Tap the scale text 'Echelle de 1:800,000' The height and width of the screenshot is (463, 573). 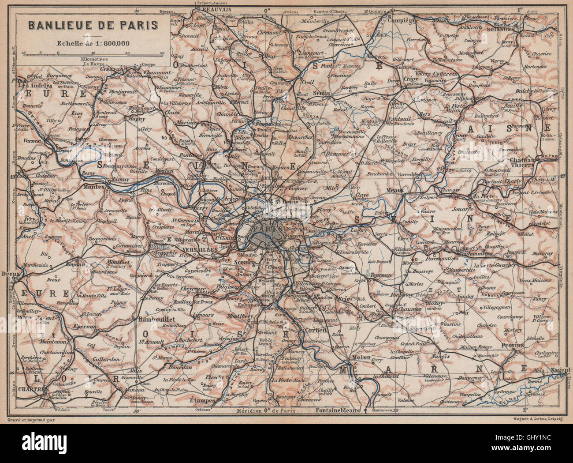coord(93,43)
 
